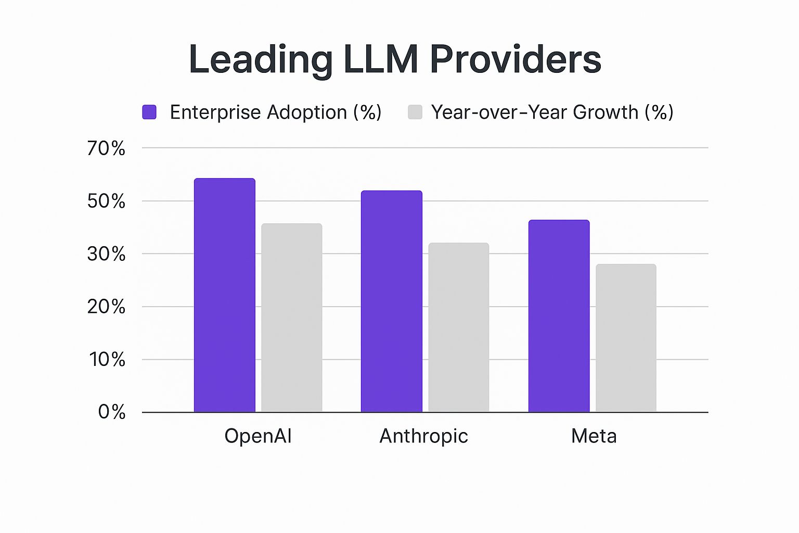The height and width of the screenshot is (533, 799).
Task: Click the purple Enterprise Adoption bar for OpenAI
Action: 225,295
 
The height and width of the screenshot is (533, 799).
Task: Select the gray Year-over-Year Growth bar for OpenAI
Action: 292,318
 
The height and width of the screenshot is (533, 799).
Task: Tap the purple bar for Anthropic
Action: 392,301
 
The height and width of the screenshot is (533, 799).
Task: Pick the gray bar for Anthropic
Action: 459,327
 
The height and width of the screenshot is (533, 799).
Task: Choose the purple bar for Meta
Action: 559,316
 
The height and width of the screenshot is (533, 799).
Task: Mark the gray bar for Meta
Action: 626,338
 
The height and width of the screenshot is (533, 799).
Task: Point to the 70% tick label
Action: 106,148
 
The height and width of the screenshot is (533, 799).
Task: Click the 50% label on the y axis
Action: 106,201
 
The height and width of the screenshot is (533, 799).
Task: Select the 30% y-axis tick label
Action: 106,254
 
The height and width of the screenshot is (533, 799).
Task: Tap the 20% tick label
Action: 106,307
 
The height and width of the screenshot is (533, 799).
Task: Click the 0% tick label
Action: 112,412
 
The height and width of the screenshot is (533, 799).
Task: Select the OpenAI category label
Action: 258,436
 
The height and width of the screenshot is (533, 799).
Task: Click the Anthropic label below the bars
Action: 424,436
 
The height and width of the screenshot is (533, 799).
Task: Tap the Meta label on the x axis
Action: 594,436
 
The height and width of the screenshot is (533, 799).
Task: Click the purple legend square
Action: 149,112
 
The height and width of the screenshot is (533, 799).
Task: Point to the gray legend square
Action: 415,112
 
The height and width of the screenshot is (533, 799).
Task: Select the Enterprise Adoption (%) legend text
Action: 276,112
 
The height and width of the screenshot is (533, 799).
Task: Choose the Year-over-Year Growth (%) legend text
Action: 552,112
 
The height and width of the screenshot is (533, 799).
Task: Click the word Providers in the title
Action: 516,59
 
